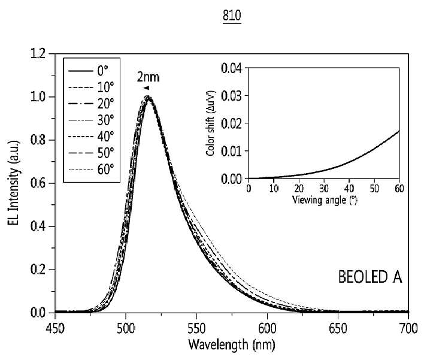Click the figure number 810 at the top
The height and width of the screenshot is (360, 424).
coord(232,16)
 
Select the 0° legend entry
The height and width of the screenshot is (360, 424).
coord(88,71)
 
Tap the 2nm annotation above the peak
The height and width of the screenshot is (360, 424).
coord(148,77)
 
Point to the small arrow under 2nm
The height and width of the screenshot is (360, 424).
coord(146,87)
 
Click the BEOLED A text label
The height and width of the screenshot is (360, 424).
coord(370,277)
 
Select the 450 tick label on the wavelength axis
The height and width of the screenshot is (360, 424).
coord(55,329)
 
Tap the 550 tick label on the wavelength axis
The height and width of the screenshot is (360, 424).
coord(196,329)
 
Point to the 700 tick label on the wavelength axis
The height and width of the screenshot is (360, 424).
coord(408,329)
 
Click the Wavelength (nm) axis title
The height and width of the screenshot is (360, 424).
coord(232,344)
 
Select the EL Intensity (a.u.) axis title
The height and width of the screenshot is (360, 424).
coord(14,183)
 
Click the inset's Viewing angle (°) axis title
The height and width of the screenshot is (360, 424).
coord(325,200)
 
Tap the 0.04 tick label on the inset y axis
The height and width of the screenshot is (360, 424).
coord(232,68)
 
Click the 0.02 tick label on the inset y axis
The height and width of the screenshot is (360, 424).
coord(232,123)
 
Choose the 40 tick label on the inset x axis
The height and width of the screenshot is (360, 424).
coord(349,188)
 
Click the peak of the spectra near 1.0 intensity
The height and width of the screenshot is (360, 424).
coord(148,97)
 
